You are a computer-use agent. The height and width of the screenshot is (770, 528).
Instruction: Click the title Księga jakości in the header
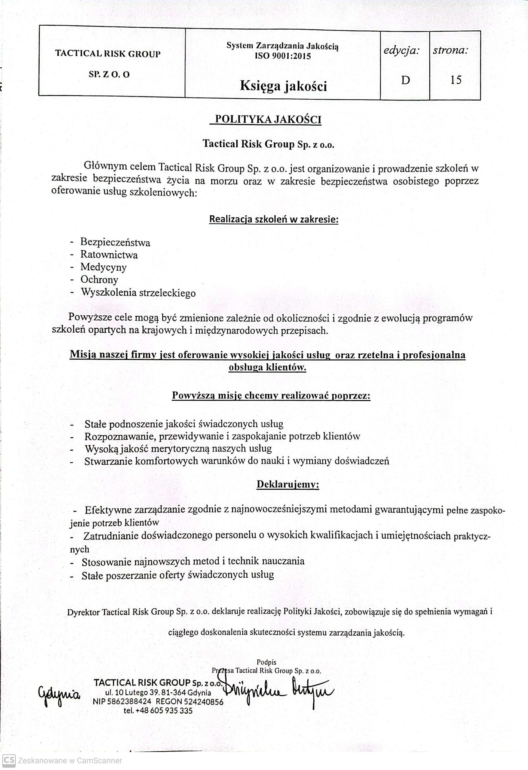[283, 86]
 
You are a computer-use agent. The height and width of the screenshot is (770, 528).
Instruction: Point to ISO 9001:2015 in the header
[283, 56]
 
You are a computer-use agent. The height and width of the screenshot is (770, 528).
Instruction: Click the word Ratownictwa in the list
[109, 255]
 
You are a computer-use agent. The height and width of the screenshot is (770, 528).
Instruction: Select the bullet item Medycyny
[103, 267]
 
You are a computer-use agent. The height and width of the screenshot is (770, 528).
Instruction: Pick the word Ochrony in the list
[99, 280]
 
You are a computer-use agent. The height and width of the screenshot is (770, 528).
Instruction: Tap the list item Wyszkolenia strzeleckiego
[138, 293]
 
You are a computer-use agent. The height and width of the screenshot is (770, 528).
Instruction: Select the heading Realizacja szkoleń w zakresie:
[274, 219]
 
